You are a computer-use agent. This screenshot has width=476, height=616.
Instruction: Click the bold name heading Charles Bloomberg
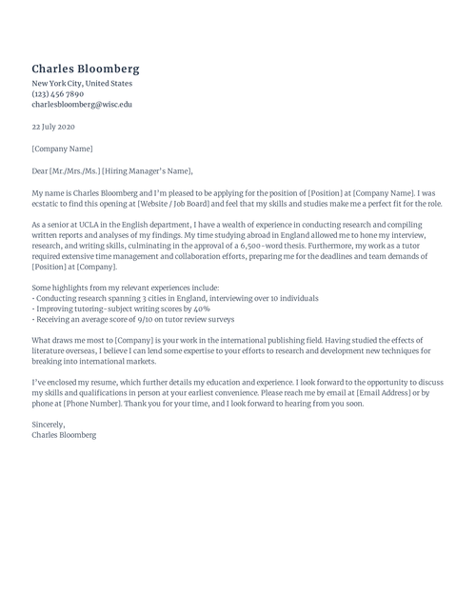point(86,69)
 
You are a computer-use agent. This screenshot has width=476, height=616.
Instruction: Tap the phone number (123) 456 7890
point(58,94)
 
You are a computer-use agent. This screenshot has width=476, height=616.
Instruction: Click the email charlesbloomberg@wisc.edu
point(82,105)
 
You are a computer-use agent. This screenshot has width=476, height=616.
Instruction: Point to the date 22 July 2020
point(52,127)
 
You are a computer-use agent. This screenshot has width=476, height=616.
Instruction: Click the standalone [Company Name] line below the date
point(62,149)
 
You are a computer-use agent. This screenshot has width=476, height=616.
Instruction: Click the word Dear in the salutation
point(40,171)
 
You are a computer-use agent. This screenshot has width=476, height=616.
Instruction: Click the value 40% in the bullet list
point(202,309)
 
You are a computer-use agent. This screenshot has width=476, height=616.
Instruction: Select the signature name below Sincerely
point(64,436)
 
